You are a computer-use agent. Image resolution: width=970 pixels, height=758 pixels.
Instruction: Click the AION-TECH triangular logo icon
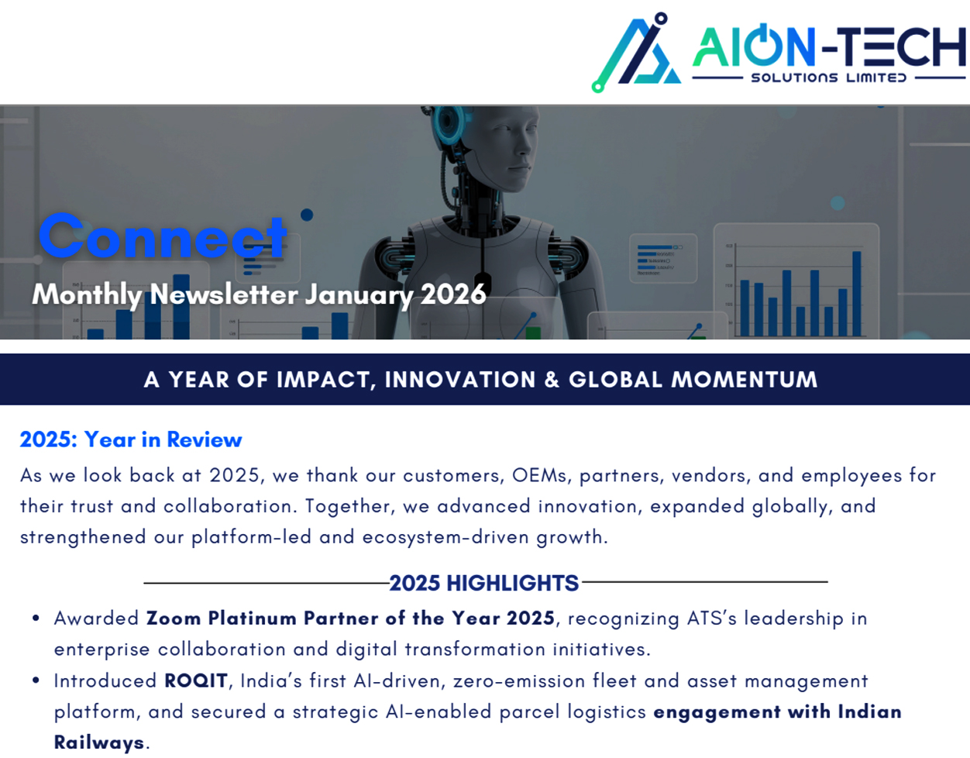[636, 53]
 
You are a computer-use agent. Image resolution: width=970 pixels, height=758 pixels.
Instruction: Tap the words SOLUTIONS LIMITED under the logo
[828, 78]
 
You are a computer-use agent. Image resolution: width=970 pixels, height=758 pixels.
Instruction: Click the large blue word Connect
[163, 236]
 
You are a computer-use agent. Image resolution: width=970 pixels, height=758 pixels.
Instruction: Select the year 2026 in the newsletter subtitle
[453, 295]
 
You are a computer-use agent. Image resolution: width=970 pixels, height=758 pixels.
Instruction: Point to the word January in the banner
[359, 295]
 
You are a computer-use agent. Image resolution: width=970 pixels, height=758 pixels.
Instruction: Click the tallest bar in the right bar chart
[857, 293]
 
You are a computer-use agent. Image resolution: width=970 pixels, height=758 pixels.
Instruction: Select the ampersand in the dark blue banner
[552, 380]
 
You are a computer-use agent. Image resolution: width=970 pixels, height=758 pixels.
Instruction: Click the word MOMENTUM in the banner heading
[744, 380]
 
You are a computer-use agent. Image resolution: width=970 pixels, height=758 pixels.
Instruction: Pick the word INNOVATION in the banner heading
[459, 380]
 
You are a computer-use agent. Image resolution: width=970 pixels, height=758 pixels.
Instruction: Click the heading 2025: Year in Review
[131, 439]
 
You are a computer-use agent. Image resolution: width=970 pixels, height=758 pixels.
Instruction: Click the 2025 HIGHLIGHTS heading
[484, 583]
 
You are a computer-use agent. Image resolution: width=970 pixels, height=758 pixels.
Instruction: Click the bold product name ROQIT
[196, 680]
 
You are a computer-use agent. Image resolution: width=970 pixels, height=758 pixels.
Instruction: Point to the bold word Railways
[99, 742]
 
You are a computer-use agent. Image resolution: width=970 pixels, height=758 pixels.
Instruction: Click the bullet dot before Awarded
[36, 618]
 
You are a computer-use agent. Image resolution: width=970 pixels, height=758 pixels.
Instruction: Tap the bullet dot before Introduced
[36, 680]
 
